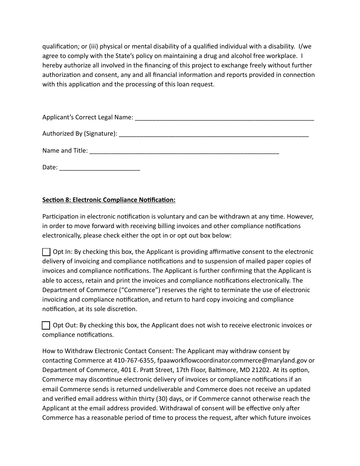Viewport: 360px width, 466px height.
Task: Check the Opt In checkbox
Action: click(x=46, y=252)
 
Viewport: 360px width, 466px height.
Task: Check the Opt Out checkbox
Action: click(x=46, y=325)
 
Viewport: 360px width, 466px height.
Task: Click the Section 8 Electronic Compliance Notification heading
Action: click(x=109, y=200)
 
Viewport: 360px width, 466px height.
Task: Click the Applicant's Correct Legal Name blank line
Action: click(x=224, y=117)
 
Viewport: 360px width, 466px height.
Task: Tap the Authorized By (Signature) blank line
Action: click(x=214, y=134)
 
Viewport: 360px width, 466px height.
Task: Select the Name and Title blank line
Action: click(x=184, y=151)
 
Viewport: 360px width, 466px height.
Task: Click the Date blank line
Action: click(x=100, y=167)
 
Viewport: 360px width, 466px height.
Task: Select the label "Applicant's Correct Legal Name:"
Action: click(x=88, y=117)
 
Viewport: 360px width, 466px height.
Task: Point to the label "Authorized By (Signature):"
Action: click(x=80, y=134)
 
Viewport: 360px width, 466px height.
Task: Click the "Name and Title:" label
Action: click(x=65, y=151)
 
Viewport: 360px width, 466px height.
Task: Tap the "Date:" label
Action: click(x=50, y=167)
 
